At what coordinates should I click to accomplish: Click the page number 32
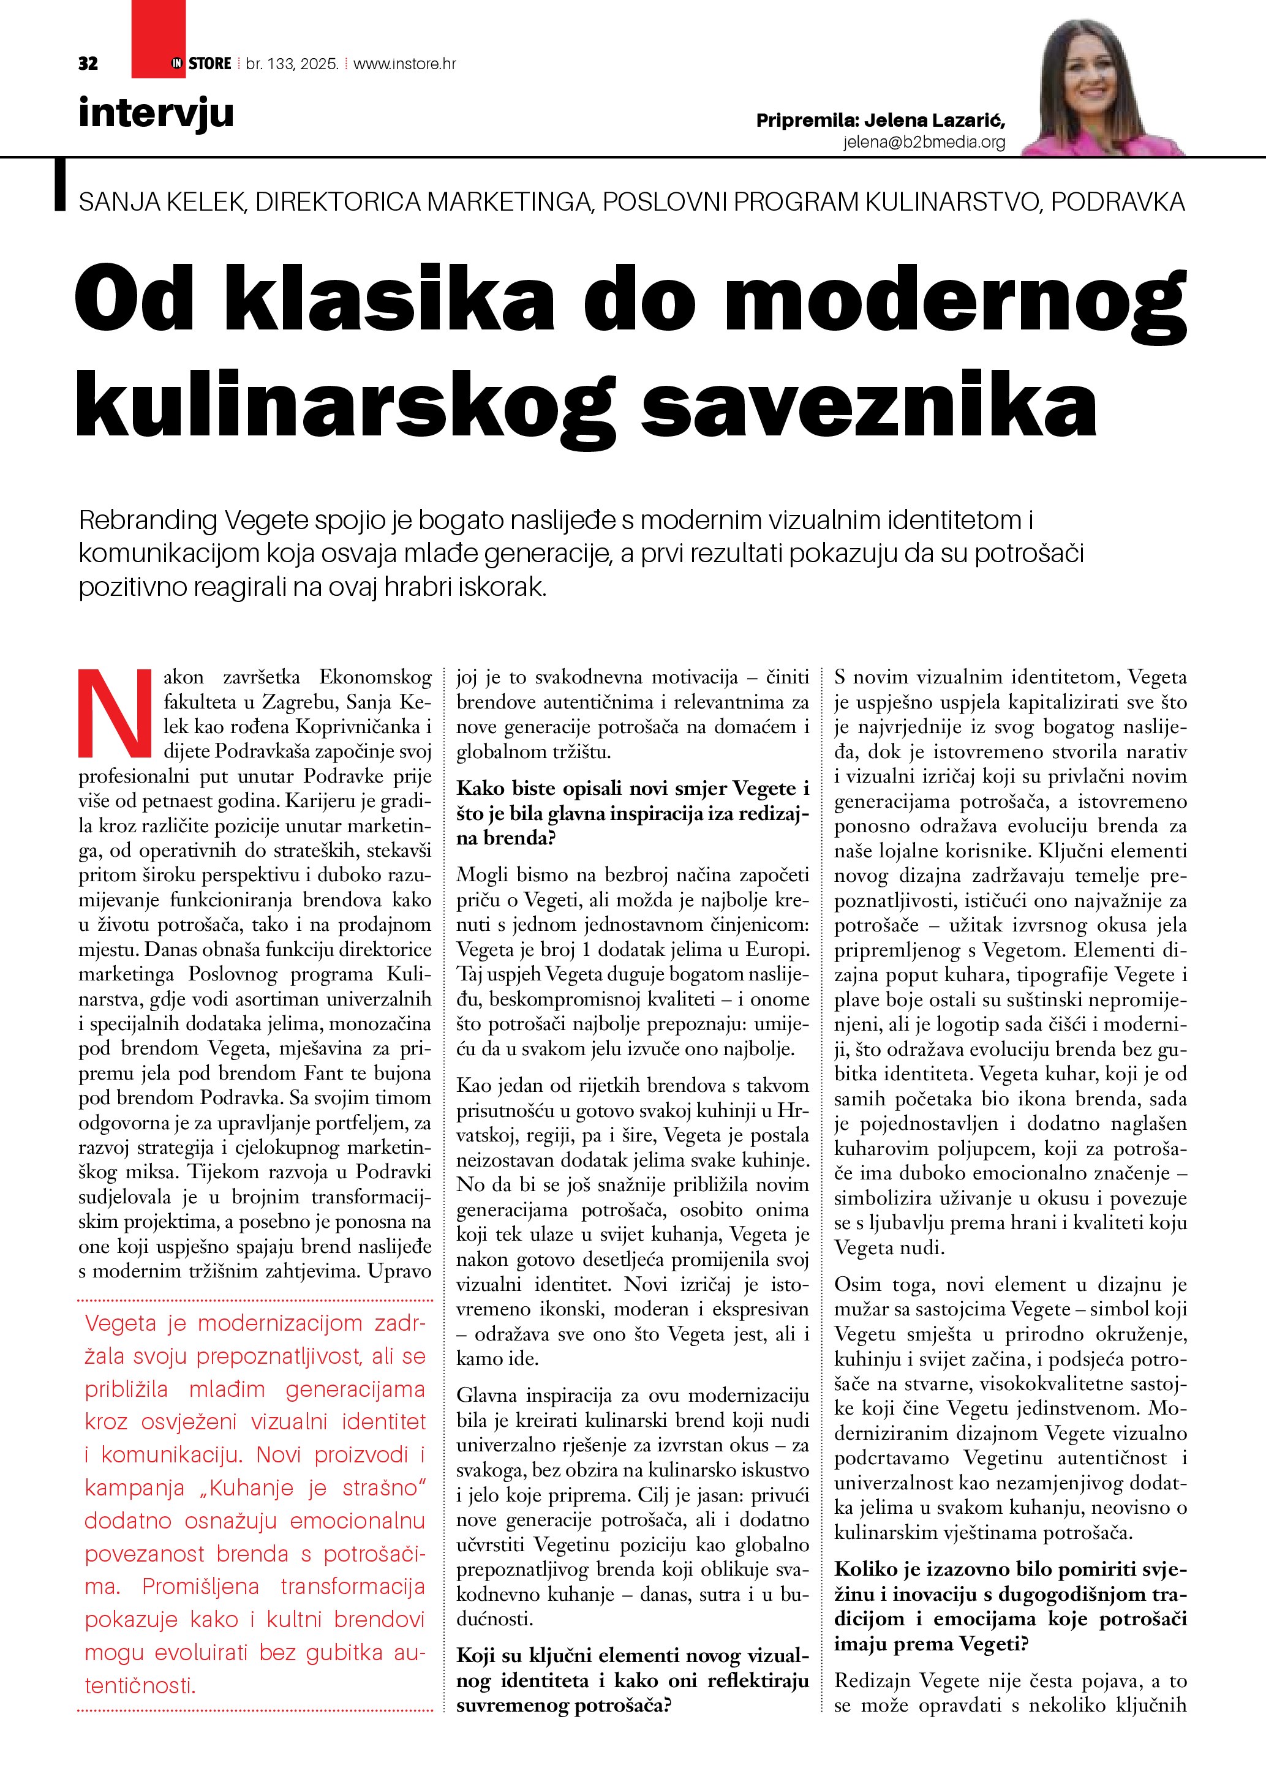point(88,64)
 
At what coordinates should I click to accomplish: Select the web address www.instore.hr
point(405,64)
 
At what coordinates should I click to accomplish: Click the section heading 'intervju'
point(156,113)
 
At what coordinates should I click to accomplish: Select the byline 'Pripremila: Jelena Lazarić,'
point(880,121)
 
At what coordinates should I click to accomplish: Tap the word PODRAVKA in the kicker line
point(1117,202)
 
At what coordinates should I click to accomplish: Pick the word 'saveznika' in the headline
point(868,405)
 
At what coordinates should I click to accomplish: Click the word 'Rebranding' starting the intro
point(148,520)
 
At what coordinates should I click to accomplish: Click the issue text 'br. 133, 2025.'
point(292,64)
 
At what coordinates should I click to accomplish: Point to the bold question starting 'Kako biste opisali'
point(632,813)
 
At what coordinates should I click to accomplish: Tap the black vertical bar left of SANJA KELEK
point(59,185)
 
